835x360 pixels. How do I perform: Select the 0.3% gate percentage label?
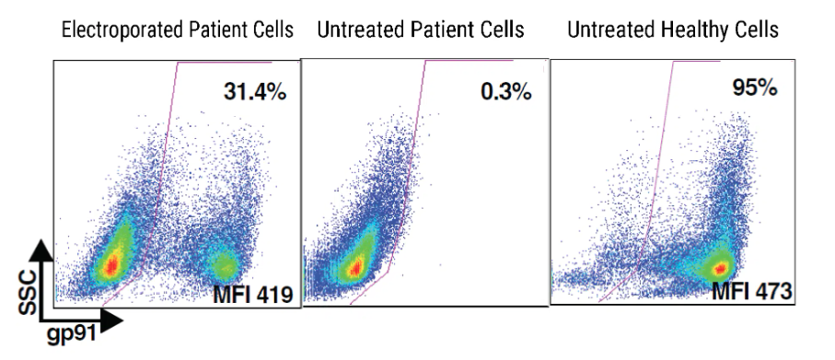tap(501, 93)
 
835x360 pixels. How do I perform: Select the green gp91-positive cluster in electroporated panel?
tap(222, 268)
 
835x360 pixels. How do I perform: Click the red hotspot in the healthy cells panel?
tap(721, 268)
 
